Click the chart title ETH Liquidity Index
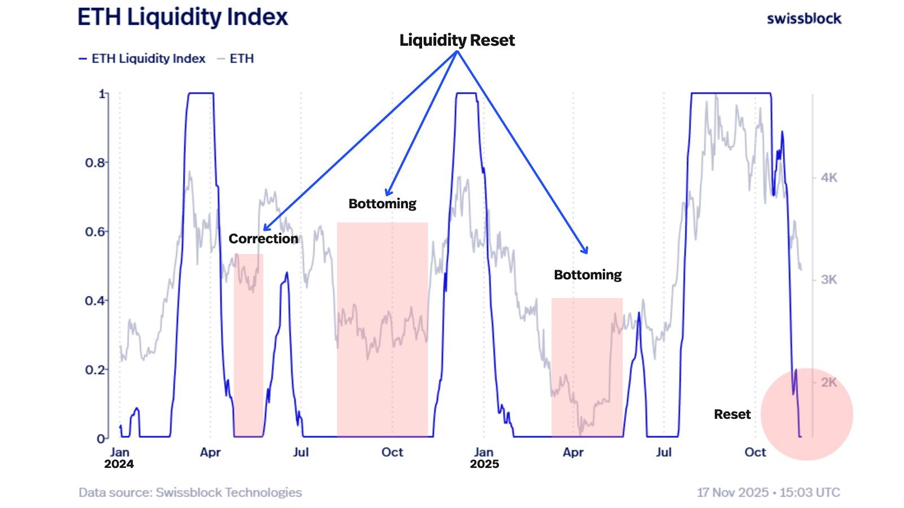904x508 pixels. (x=182, y=17)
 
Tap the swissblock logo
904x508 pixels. (x=803, y=19)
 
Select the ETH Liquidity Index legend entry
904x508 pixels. (x=142, y=59)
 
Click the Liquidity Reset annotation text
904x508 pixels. (x=457, y=40)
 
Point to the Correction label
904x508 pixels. (x=263, y=239)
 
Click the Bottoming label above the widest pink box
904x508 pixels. (x=382, y=204)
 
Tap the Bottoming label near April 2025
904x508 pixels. (x=588, y=275)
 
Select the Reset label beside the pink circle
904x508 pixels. (x=732, y=414)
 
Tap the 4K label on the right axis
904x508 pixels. (x=829, y=178)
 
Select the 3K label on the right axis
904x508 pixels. (x=829, y=279)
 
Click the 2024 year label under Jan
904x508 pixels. (x=119, y=464)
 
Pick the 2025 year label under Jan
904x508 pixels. (x=484, y=464)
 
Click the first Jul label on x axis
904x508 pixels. (x=301, y=452)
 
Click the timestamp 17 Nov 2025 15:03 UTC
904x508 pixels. (x=768, y=492)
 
